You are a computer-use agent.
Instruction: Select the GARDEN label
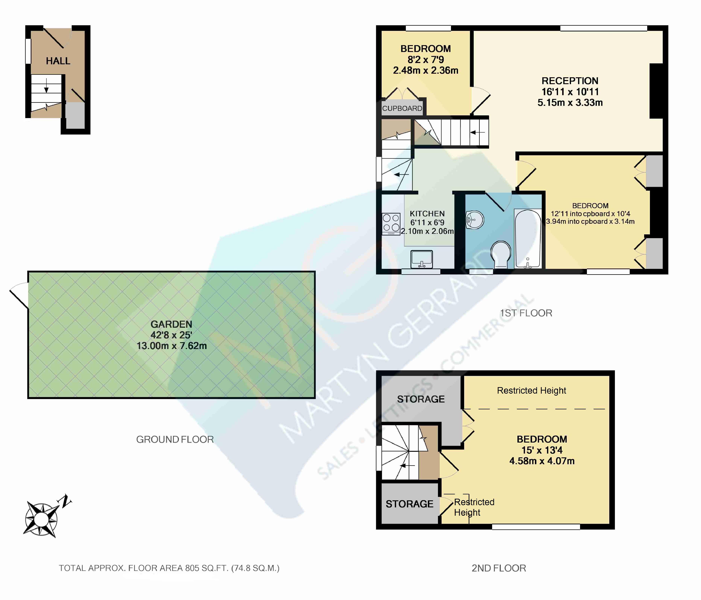pos(171,324)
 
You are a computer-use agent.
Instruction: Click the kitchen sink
pos(422,259)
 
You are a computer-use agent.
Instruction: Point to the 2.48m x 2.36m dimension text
pos(426,70)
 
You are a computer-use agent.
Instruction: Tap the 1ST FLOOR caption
pos(526,313)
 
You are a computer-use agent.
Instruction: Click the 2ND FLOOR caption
pos(499,568)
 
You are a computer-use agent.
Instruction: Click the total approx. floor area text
pos(169,568)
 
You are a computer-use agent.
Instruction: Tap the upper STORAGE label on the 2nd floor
pos(421,399)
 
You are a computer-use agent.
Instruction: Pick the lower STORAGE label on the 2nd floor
pos(409,504)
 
